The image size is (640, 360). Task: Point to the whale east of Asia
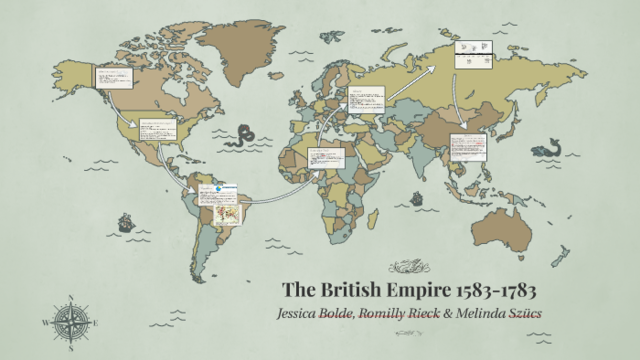546,150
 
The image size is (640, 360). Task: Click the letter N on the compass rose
73,299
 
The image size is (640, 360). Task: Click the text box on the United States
157,129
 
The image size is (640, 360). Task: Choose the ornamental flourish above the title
408,266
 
